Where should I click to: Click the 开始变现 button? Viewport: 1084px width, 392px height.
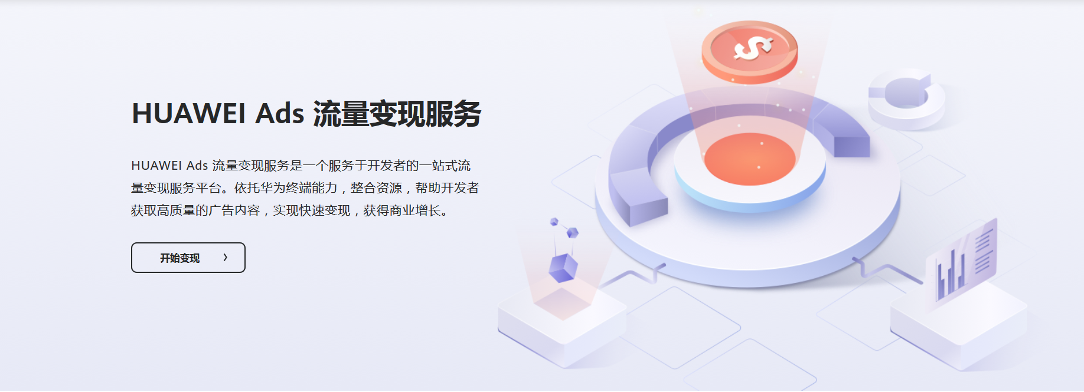[188, 258]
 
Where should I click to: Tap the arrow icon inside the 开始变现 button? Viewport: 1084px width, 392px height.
[226, 258]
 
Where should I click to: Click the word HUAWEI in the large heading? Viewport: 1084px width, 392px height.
[188, 113]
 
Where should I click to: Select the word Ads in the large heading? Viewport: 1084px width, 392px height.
[279, 113]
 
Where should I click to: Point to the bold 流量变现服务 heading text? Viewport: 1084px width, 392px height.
[397, 114]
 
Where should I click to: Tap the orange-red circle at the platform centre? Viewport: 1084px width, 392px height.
[750, 159]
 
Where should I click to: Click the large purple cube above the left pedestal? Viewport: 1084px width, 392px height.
[563, 268]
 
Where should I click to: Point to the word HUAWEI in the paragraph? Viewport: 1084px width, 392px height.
[156, 166]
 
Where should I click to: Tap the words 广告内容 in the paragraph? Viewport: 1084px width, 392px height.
[234, 210]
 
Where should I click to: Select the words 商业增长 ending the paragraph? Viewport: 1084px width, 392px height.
[415, 210]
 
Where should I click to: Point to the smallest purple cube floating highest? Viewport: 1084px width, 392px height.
[554, 222]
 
